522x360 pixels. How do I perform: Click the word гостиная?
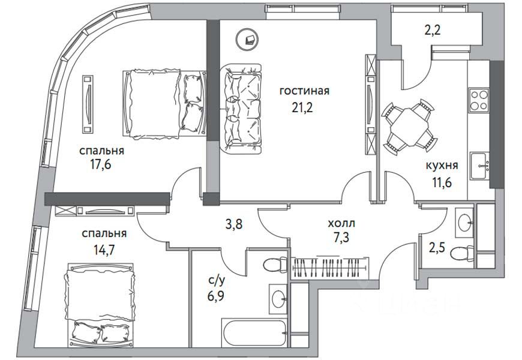coord(304,91)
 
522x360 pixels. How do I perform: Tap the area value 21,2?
coord(302,108)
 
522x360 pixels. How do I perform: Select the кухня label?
coord(442,165)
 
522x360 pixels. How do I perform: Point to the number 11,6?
coord(441,182)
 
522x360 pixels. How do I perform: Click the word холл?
coord(341,223)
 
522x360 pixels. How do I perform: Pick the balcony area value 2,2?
coord(433,31)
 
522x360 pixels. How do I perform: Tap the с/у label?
coord(217,281)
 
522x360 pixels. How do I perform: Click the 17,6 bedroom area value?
coord(100,164)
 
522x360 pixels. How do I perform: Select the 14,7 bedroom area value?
coord(104,250)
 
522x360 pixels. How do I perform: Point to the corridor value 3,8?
coord(234,224)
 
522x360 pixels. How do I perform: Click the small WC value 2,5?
coord(437,249)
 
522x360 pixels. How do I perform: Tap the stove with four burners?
coord(479,100)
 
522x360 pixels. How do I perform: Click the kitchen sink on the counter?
coord(479,166)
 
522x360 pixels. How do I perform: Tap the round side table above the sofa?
coord(247,39)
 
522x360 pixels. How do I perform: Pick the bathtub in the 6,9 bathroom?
coord(254,333)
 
